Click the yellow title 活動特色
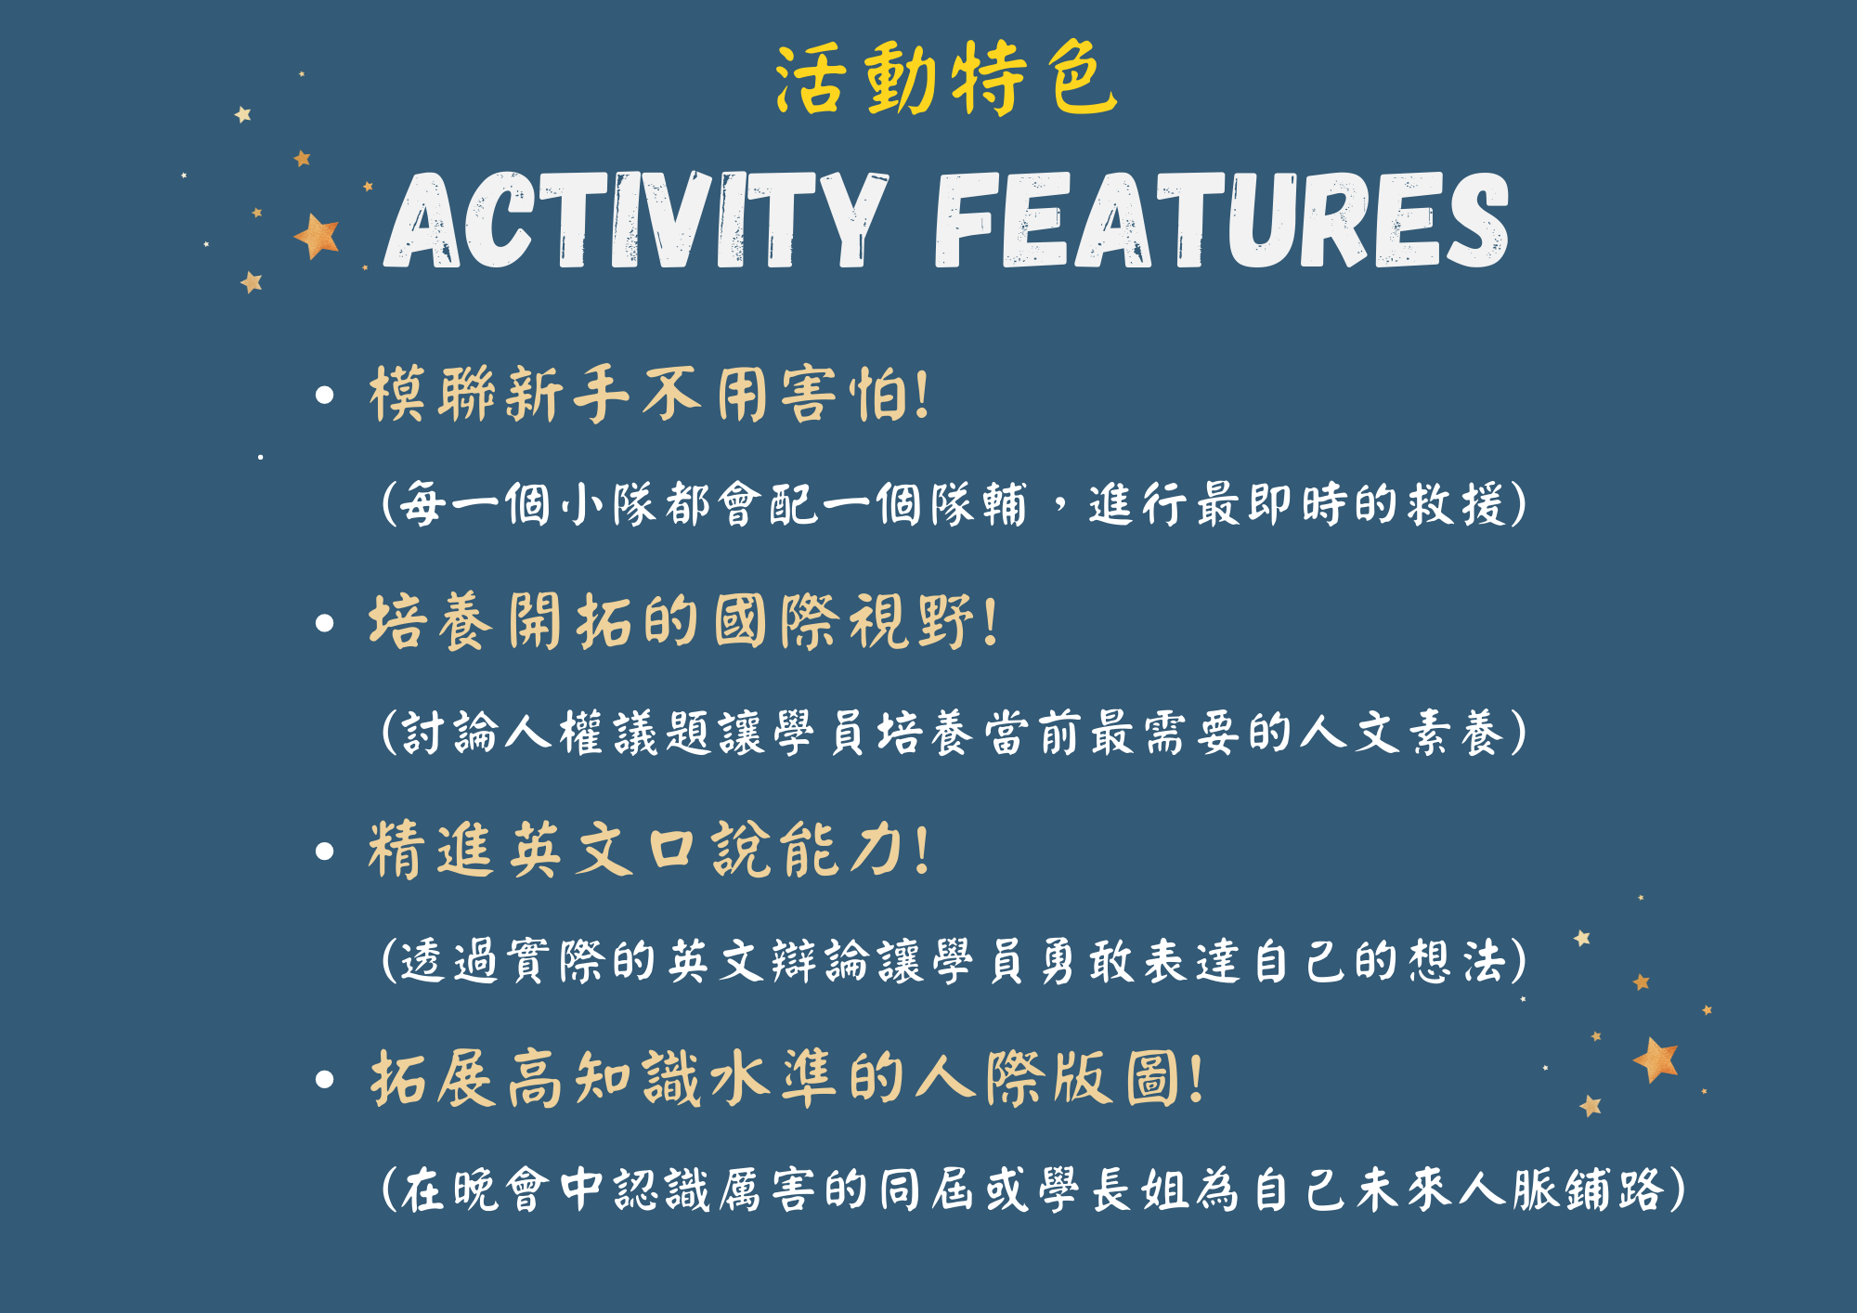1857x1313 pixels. [x=946, y=79]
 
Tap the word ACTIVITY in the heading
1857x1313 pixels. [x=637, y=220]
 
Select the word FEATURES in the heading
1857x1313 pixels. [x=1222, y=220]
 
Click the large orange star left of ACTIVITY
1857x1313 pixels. [x=317, y=236]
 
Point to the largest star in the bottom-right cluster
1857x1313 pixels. [x=1656, y=1059]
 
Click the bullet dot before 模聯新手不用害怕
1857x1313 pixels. [x=324, y=396]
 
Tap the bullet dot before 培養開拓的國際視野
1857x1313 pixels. [x=324, y=623]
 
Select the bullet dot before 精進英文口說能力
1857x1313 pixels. [x=324, y=851]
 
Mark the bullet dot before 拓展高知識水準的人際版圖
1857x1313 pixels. [x=324, y=1079]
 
